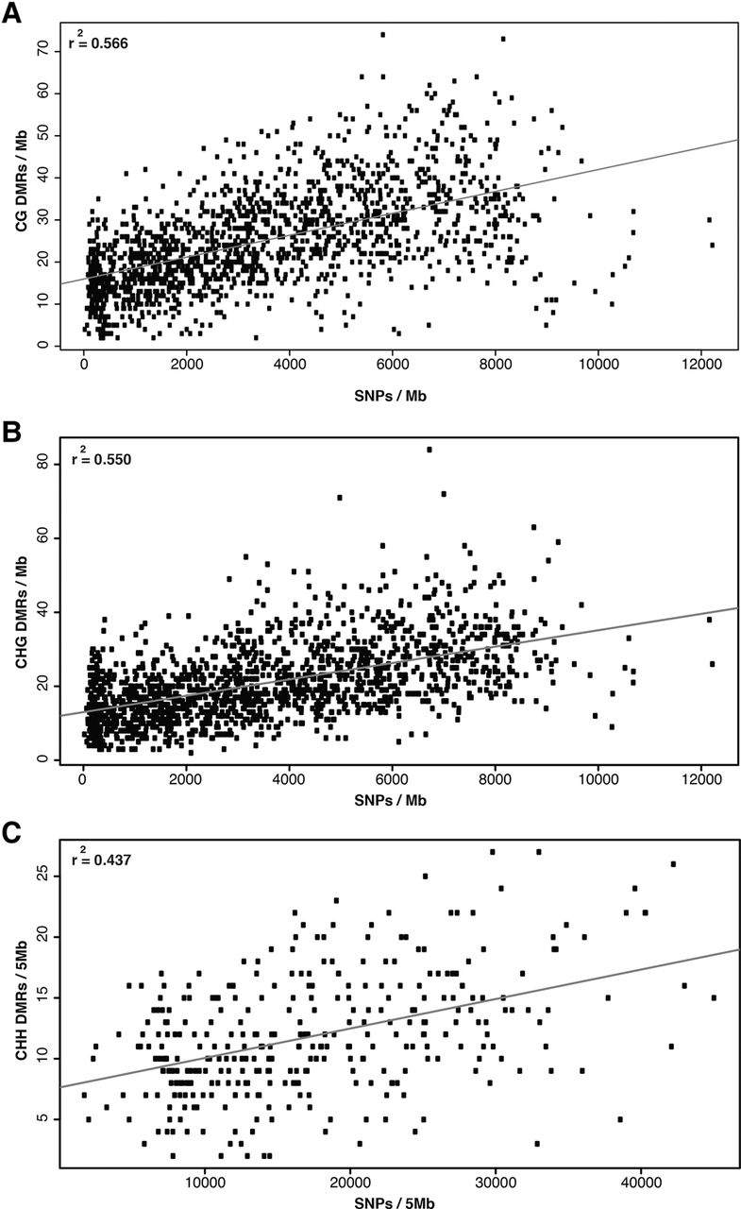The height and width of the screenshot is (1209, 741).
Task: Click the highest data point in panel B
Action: [429, 450]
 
